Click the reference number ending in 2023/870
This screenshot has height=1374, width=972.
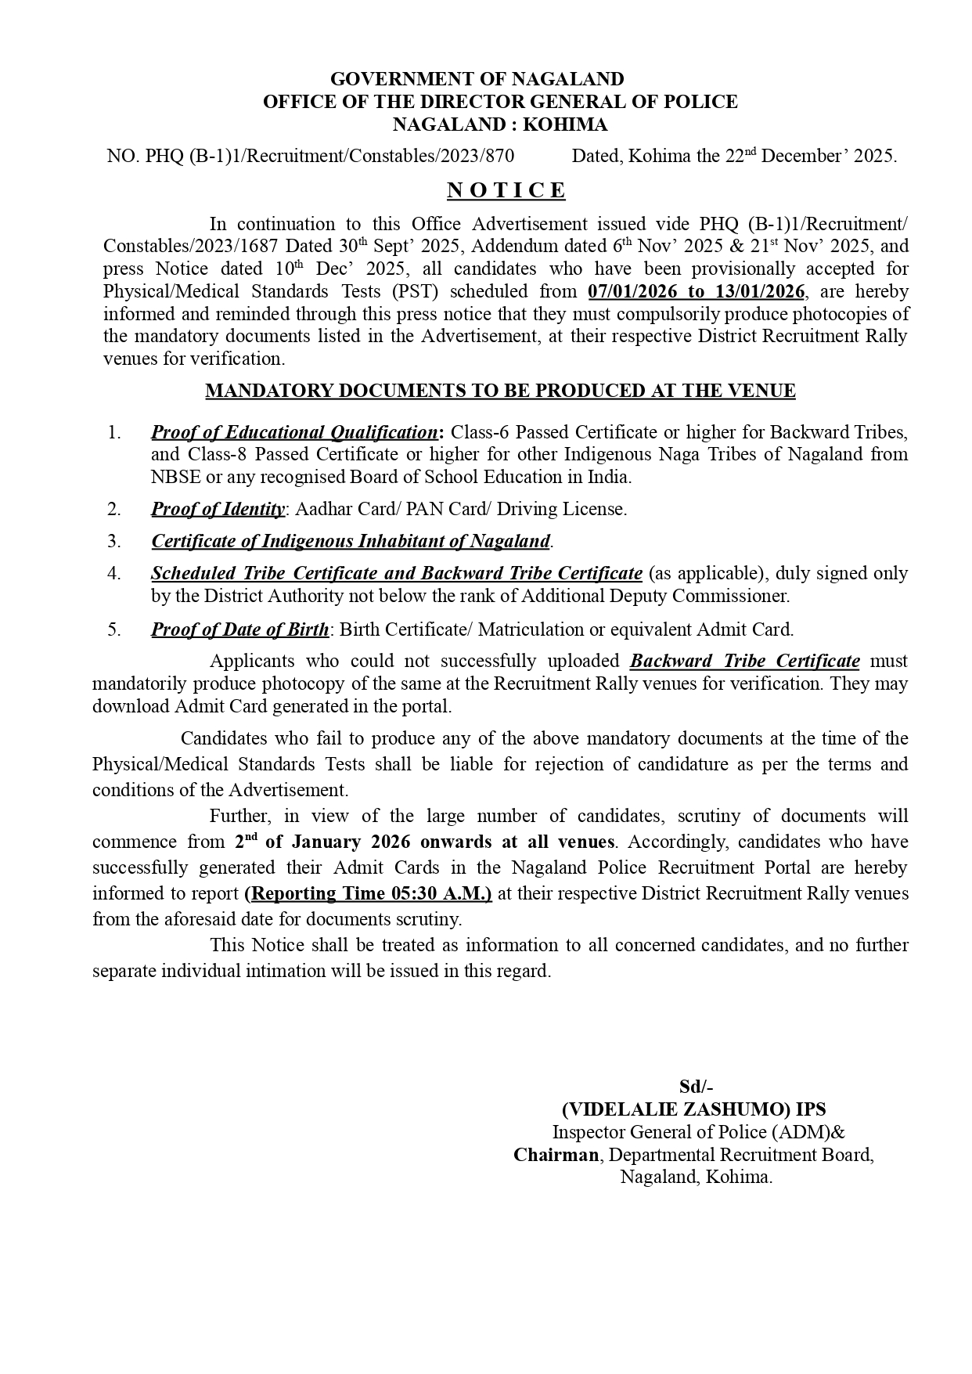pyautogui.click(x=311, y=156)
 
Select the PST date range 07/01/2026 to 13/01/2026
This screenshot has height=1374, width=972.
pyautogui.click(x=696, y=291)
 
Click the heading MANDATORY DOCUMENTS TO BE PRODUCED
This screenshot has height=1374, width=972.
pyautogui.click(x=500, y=391)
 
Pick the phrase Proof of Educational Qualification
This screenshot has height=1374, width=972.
pyautogui.click(x=294, y=432)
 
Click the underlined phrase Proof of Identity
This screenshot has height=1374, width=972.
pyautogui.click(x=218, y=509)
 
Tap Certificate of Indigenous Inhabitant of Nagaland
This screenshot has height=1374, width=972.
pyautogui.click(x=351, y=541)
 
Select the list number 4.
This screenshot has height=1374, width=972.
pyautogui.click(x=114, y=573)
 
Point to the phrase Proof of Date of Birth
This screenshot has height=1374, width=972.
pyautogui.click(x=240, y=629)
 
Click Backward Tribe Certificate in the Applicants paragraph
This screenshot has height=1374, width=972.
pyautogui.click(x=744, y=661)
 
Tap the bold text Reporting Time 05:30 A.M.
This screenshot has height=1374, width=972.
pyautogui.click(x=368, y=893)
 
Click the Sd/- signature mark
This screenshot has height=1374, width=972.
pyautogui.click(x=696, y=1087)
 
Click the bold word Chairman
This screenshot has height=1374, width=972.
pyautogui.click(x=556, y=1155)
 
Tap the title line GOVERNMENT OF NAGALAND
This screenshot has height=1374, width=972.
pyautogui.click(x=477, y=79)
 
